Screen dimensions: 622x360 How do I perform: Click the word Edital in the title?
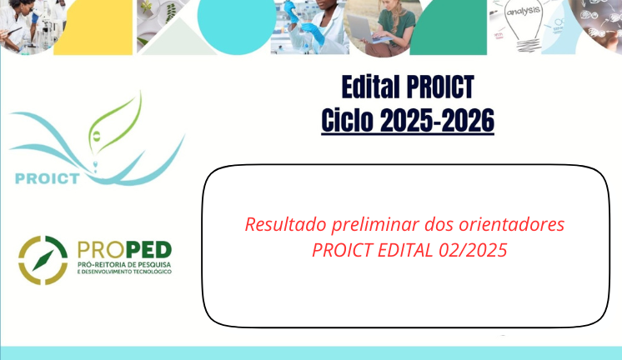370,87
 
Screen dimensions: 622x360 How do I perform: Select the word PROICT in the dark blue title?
440,87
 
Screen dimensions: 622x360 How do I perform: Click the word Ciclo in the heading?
347,121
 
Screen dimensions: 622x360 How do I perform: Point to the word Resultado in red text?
286,224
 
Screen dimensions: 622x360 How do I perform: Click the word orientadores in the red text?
512,224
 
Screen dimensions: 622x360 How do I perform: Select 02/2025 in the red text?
473,250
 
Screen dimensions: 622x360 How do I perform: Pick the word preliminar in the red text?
376,224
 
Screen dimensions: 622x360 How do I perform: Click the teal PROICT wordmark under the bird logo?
48,178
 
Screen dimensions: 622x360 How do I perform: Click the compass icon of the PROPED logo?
43,260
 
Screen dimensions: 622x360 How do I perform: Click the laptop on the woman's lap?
363,30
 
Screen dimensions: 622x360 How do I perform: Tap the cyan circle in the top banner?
237,24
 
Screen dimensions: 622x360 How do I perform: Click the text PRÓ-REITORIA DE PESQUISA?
124,264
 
